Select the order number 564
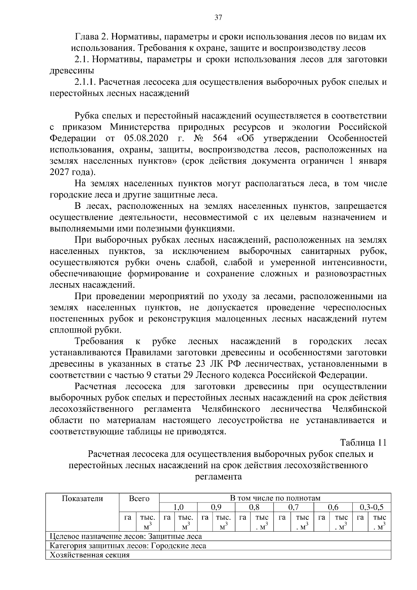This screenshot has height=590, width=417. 219,138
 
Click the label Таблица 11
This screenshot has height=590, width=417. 363,443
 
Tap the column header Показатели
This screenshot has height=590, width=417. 82,498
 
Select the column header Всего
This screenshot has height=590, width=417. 139,498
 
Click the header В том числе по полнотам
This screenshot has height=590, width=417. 275,498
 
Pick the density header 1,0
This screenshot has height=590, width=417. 178,507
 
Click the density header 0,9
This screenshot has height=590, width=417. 216,507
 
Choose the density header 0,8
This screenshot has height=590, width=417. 254,507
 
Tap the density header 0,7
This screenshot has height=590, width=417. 294,507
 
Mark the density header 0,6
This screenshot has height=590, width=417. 333,507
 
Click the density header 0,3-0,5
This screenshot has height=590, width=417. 371,507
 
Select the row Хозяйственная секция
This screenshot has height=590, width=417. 90,555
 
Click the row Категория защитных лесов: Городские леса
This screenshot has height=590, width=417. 128,546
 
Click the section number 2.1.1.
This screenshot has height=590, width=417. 85,82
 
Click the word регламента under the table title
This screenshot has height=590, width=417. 218,476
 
